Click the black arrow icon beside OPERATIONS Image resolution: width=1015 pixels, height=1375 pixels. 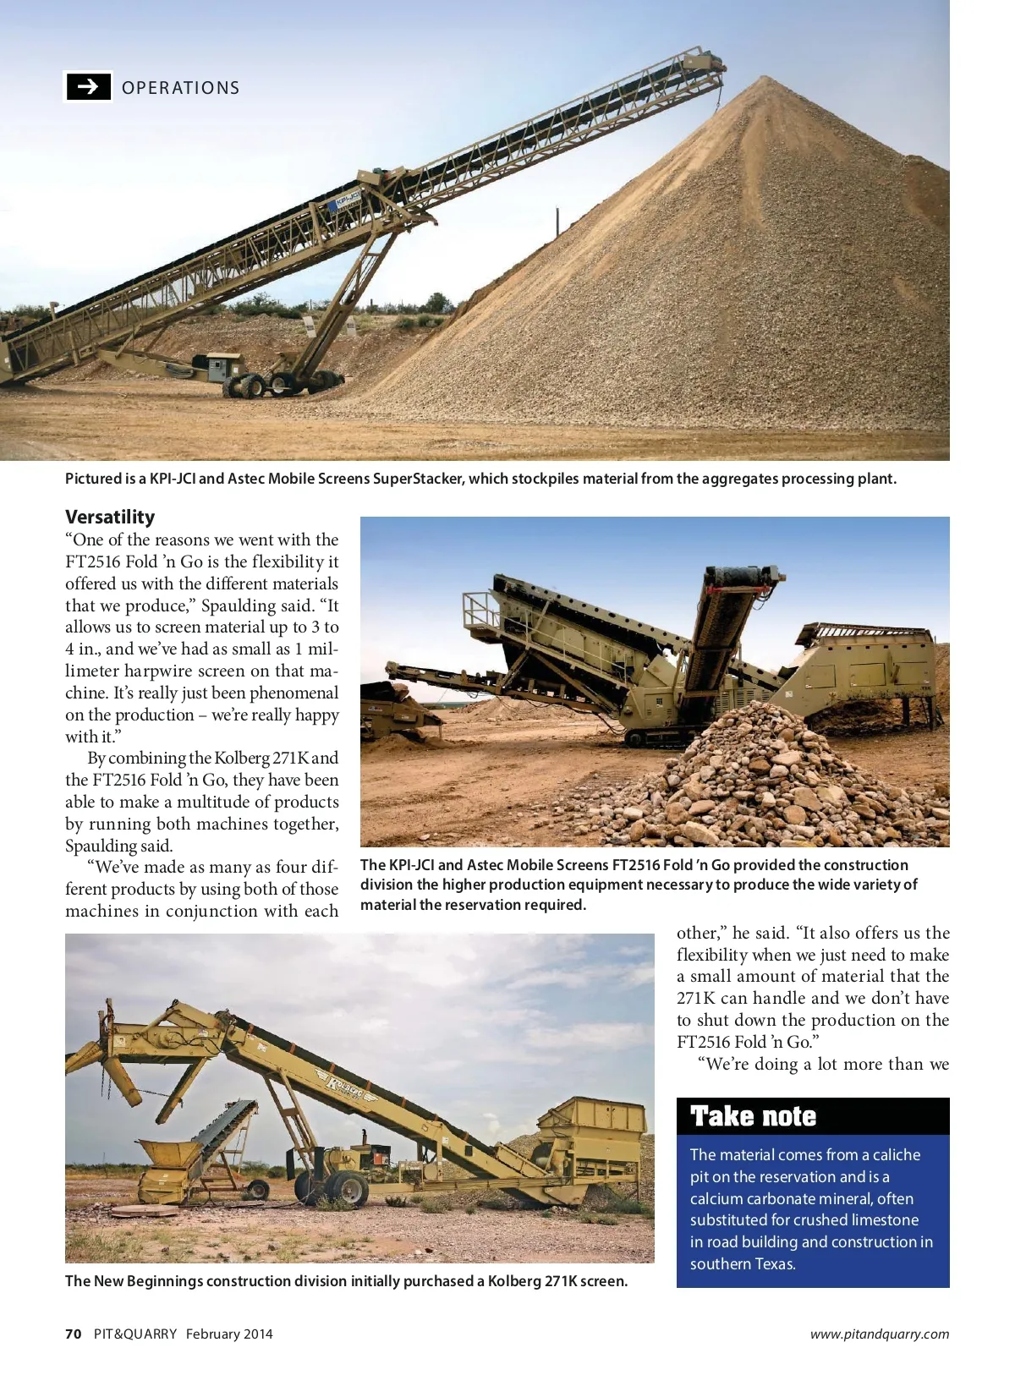88,86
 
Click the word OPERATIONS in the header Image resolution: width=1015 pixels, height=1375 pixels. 180,88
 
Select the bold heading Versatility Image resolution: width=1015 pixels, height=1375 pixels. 110,517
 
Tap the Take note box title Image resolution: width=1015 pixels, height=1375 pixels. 753,1116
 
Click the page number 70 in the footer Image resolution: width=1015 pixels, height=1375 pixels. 74,1334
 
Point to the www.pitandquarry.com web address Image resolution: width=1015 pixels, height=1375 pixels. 879,1334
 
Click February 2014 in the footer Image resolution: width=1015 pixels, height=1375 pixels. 229,1334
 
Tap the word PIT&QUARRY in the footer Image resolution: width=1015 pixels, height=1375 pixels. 135,1334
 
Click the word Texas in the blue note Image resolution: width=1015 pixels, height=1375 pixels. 775,1264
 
